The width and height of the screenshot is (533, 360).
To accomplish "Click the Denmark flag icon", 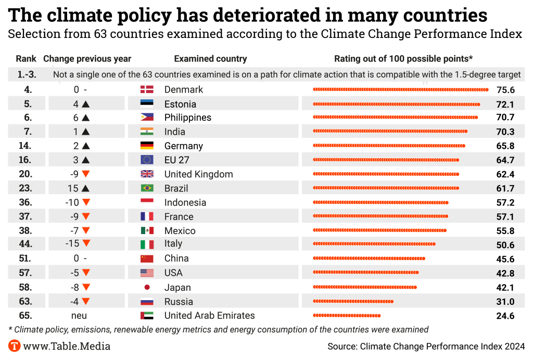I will coord(146,89).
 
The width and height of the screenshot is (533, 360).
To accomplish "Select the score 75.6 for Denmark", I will coord(505,89).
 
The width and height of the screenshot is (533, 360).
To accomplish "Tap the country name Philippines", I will coord(188,118).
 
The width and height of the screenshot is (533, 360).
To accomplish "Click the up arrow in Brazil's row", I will coord(86,188).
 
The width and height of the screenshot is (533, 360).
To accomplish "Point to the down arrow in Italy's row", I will coord(86,243).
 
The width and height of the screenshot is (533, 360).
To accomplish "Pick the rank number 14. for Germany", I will coord(24,146).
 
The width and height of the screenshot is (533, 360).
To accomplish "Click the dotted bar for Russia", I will coord(353,302).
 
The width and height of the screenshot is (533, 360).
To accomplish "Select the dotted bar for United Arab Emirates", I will coord(347,315).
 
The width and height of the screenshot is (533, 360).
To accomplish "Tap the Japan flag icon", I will coord(146,287).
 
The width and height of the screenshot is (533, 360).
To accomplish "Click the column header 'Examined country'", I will coord(210,59).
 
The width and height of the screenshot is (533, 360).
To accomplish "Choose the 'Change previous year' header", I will coord(87,59).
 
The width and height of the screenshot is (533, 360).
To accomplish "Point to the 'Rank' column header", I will coord(26,59).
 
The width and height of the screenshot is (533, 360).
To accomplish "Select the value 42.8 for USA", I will coord(505,273).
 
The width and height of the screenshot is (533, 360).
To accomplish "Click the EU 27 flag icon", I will coord(146,160).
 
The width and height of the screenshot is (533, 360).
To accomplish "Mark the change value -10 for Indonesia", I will coord(72,202).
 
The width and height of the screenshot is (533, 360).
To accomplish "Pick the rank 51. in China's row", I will coord(24,259).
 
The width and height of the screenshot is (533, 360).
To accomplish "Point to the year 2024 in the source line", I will coord(514,346).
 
